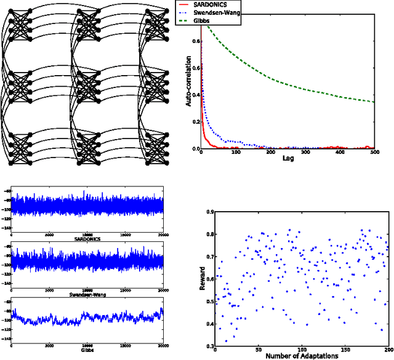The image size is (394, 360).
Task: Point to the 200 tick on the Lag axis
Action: [x=271, y=153]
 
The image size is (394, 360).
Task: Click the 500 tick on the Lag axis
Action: [x=374, y=153]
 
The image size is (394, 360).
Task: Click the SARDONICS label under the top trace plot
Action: [x=90, y=238]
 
